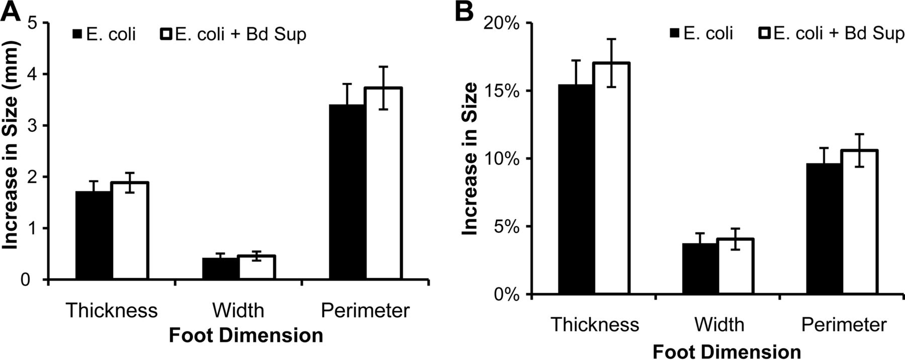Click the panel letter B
point(464,11)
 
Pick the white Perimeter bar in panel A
point(384,184)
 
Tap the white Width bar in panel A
point(256,267)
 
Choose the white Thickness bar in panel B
point(611,178)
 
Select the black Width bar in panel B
point(700,268)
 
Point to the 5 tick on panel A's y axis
point(32,23)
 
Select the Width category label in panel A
point(238,310)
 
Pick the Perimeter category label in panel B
point(843,324)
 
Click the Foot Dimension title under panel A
point(245,335)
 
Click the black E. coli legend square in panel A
point(77,35)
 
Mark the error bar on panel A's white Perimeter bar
point(384,87)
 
